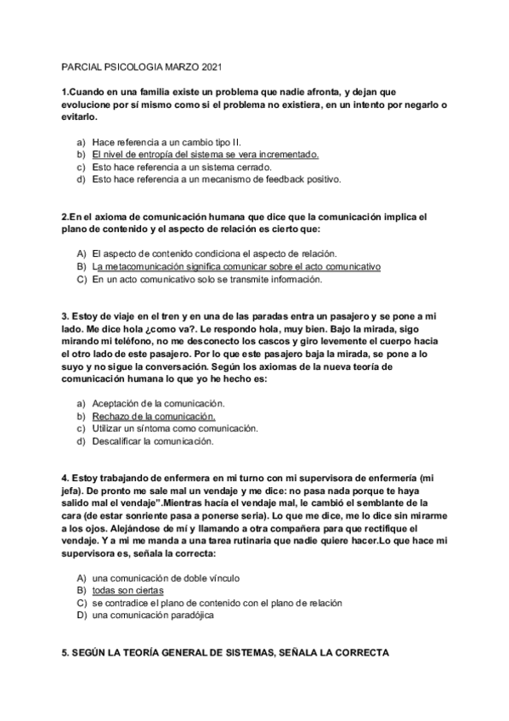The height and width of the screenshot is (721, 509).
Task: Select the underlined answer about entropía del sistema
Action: point(205,154)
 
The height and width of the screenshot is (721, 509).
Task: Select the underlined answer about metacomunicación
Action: point(236,266)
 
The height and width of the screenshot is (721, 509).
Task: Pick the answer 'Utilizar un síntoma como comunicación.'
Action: point(173,429)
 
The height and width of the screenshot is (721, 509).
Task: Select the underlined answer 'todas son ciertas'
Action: point(127,590)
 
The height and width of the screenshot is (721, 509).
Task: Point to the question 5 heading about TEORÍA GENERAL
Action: point(225,654)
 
